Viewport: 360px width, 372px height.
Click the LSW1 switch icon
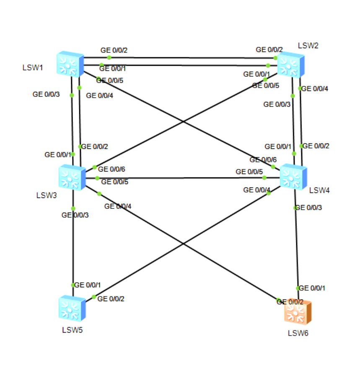(x=70, y=64)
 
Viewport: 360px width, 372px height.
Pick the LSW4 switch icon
(x=293, y=177)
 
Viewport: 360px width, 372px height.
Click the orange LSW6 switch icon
(x=297, y=313)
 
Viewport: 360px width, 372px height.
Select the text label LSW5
(x=72, y=330)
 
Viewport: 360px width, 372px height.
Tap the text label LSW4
(x=319, y=190)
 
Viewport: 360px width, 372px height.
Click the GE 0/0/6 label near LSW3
(x=111, y=169)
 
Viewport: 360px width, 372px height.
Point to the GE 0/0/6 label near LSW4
(x=263, y=160)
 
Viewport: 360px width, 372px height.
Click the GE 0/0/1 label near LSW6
(x=313, y=288)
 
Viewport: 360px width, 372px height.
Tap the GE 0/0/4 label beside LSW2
(x=315, y=88)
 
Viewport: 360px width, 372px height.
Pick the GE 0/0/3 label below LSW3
(x=75, y=215)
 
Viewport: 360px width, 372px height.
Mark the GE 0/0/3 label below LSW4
(x=308, y=208)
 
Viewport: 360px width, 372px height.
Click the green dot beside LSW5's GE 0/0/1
(x=73, y=285)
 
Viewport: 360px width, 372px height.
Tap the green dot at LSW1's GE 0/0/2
(x=109, y=57)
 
